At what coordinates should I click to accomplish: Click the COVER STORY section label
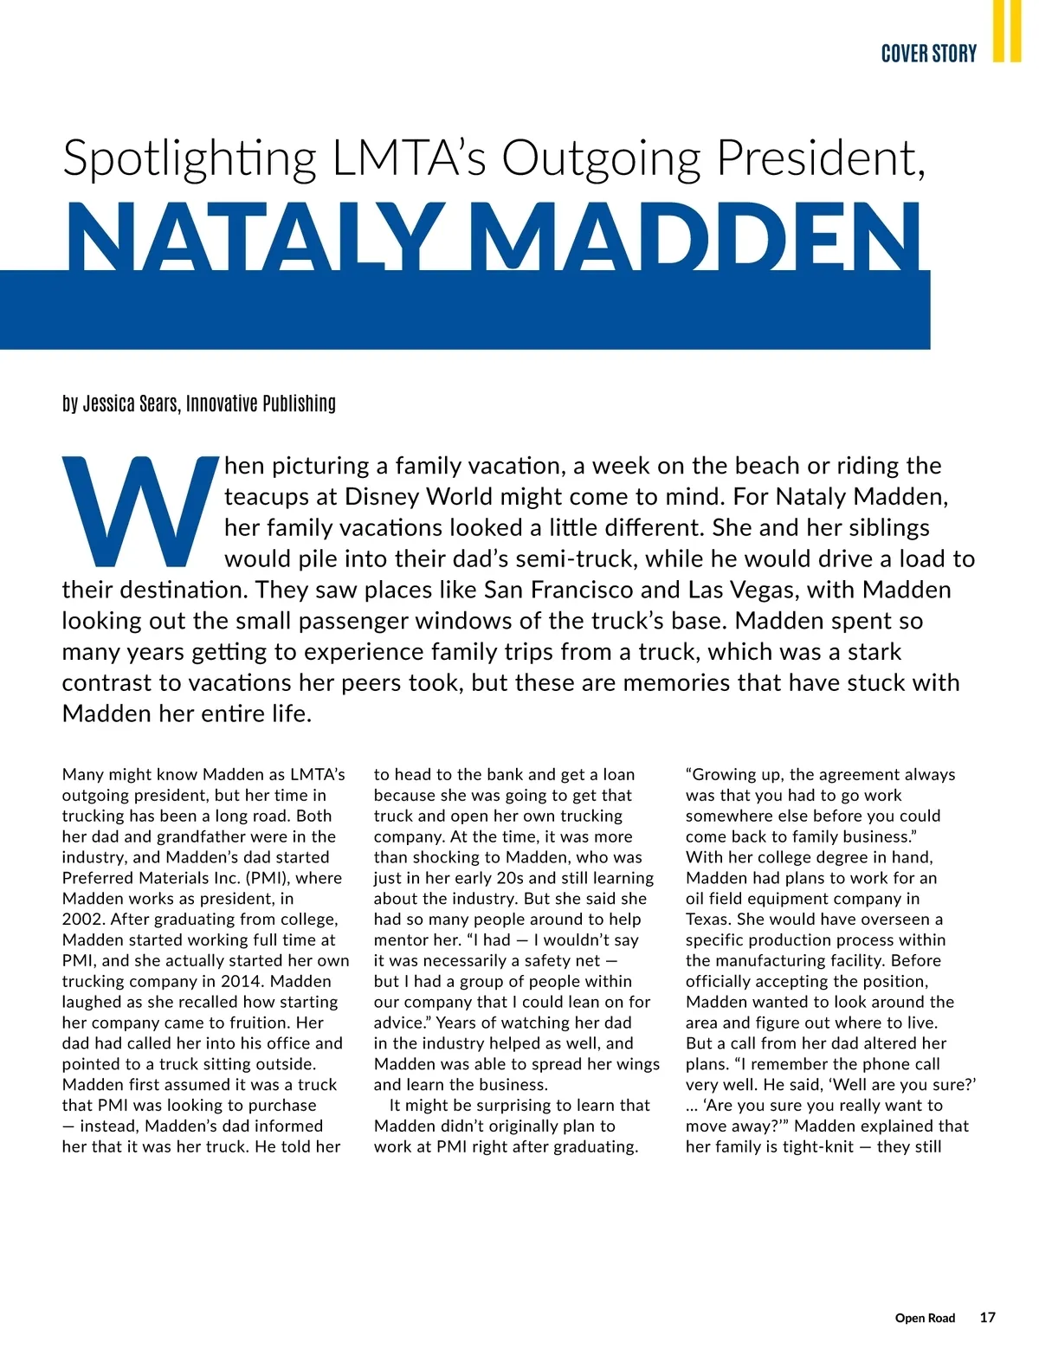[x=928, y=54]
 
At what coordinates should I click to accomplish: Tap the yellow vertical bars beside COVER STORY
[x=1006, y=31]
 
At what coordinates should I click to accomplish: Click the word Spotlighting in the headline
[x=190, y=158]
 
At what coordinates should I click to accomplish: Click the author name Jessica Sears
[x=131, y=403]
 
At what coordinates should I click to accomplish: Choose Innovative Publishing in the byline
[x=261, y=403]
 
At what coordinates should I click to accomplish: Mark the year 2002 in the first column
[x=81, y=920]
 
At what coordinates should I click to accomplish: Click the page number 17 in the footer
[x=987, y=1317]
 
